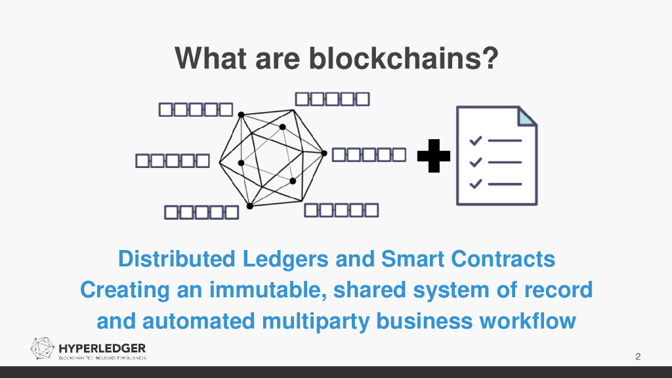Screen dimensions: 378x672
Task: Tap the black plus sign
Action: click(434, 156)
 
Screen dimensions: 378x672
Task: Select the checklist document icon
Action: click(496, 156)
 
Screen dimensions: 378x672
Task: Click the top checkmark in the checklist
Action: click(476, 140)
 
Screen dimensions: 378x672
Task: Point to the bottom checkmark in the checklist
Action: click(476, 184)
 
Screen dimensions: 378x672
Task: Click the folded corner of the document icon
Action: click(527, 116)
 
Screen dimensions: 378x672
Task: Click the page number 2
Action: click(638, 357)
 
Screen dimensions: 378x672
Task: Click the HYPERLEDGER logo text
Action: click(102, 348)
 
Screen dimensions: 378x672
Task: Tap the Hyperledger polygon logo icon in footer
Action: click(43, 348)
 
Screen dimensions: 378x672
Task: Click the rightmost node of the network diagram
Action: click(324, 153)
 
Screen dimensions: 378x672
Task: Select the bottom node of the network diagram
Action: click(249, 206)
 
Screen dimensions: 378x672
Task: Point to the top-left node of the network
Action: click(241, 115)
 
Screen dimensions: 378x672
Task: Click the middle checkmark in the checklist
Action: click(476, 162)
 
